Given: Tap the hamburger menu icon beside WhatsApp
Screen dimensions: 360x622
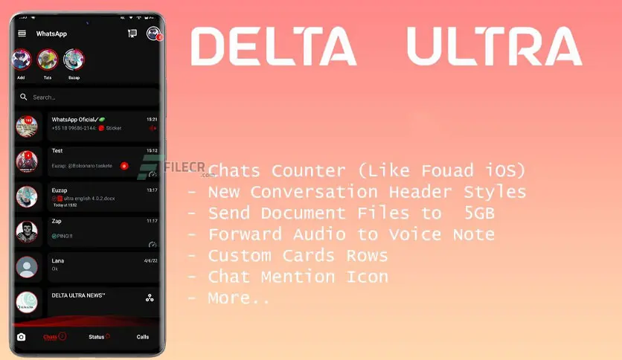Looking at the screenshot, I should click(22, 33).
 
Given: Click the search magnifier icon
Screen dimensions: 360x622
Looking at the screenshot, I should click(24, 97).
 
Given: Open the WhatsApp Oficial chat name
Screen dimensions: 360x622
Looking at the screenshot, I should click(76, 119).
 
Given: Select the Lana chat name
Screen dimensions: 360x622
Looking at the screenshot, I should click(57, 260).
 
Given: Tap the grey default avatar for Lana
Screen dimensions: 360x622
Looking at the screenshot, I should click(27, 266).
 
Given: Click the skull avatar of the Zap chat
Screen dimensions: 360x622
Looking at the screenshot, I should click(27, 232).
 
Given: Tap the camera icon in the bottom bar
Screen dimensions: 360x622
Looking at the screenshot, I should click(21, 337).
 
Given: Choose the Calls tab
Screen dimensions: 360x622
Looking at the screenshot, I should click(143, 337).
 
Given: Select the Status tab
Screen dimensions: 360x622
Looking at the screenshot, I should click(97, 337).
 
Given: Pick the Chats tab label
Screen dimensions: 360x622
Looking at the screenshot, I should click(51, 337).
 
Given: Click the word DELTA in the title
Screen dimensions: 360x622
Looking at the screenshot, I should click(273, 47).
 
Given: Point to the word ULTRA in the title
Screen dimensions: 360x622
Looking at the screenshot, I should click(494, 47).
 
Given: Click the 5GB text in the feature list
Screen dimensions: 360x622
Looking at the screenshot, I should click(480, 213).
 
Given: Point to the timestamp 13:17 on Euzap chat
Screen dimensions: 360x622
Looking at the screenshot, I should click(152, 190).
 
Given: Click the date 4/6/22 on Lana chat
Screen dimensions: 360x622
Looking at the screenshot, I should click(150, 261).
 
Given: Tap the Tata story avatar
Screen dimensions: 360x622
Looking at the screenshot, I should click(48, 60).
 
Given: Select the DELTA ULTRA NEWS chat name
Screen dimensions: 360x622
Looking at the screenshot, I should click(78, 295).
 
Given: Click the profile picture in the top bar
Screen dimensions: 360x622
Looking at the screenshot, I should click(153, 33).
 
